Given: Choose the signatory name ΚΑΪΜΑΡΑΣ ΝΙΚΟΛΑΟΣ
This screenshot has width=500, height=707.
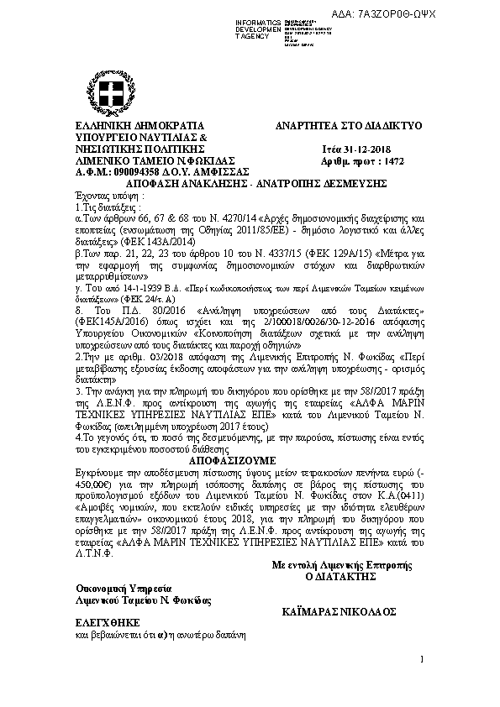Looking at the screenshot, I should point(336,613).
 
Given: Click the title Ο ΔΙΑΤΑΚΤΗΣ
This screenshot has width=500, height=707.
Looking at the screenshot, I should point(338,579).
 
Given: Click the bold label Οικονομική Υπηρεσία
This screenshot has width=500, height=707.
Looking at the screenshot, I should point(124,589).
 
